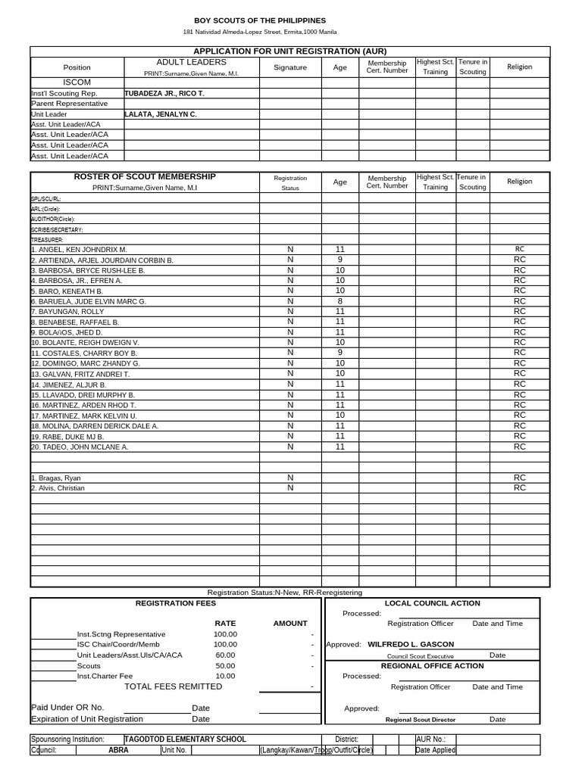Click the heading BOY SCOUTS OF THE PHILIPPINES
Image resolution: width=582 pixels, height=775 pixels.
(260, 20)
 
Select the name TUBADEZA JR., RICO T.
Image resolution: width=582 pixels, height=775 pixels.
(164, 93)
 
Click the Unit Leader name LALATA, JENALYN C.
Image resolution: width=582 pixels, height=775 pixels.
(160, 114)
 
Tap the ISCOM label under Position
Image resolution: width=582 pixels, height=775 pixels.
(77, 82)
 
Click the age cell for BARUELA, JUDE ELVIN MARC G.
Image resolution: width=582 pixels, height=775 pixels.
(339, 301)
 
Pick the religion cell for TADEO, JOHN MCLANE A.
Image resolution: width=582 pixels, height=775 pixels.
(519, 447)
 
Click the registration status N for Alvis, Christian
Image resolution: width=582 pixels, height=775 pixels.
(289, 488)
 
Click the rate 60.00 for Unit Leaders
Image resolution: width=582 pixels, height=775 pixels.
(225, 655)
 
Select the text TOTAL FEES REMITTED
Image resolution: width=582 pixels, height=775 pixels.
(174, 686)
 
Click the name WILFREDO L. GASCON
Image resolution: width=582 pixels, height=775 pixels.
(411, 645)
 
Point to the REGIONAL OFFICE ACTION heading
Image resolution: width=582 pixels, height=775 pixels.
(432, 666)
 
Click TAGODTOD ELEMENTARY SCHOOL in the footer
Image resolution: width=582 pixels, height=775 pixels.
(185, 739)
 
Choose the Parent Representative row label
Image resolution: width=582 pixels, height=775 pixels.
(69, 104)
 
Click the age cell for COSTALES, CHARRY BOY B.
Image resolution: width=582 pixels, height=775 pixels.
(339, 353)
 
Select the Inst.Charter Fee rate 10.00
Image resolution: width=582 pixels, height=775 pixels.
(225, 676)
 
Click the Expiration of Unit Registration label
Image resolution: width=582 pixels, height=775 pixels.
(86, 719)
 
